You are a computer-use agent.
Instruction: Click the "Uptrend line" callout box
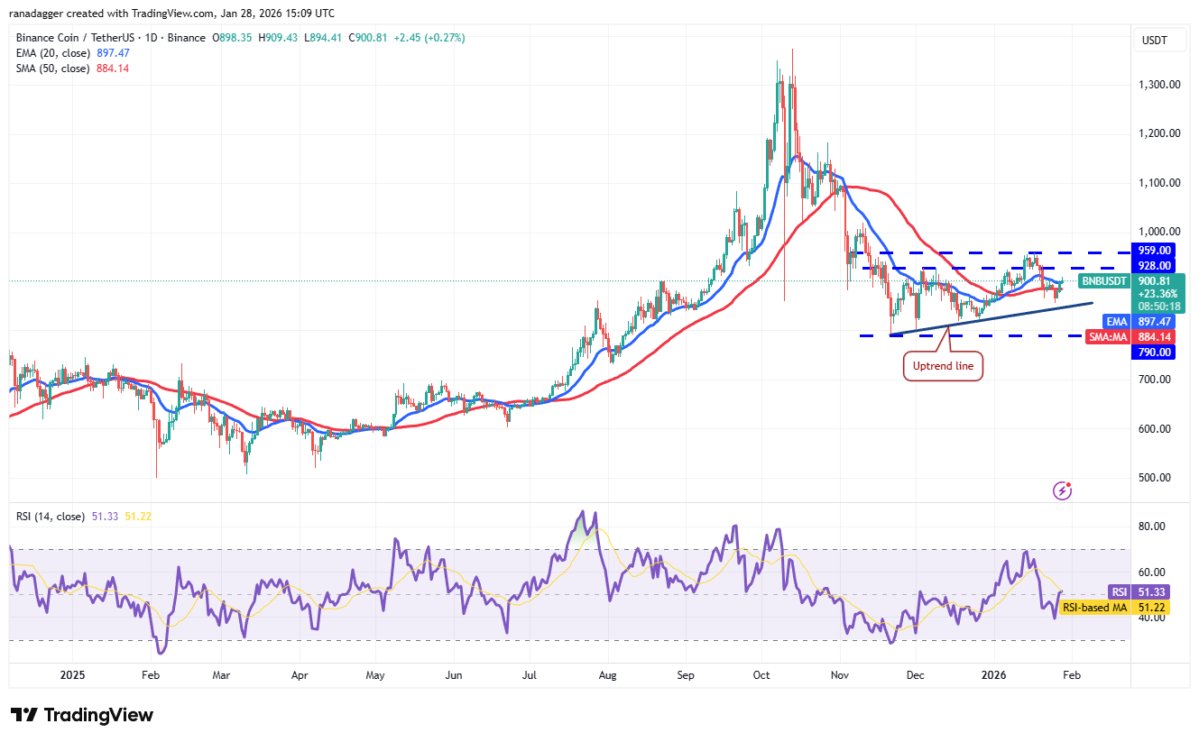click(942, 367)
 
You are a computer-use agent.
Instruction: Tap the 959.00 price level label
click(1155, 250)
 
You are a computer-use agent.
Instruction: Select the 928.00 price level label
click(1155, 266)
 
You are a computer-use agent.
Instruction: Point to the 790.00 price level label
click(1155, 353)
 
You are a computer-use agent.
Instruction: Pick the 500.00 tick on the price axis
click(1154, 478)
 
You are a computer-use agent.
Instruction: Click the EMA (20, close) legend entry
click(52, 53)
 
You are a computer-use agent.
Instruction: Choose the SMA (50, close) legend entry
click(52, 69)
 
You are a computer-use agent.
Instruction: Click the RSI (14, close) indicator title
click(51, 517)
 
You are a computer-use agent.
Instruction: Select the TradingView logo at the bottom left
click(82, 715)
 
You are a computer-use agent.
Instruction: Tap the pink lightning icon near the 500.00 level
click(1063, 490)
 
